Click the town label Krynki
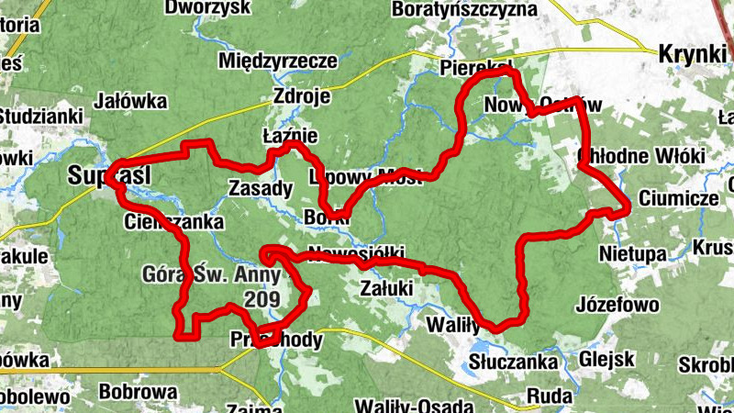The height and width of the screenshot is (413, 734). (x=692, y=54)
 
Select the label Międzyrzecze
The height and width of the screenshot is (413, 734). (x=278, y=61)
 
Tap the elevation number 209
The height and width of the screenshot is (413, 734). (x=262, y=297)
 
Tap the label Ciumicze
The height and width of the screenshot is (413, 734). (x=678, y=198)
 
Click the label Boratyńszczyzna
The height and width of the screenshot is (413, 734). (x=463, y=10)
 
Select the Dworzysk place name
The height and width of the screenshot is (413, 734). (x=207, y=8)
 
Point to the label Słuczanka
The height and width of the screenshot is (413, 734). (x=513, y=363)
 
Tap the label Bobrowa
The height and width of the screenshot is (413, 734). (x=136, y=393)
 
